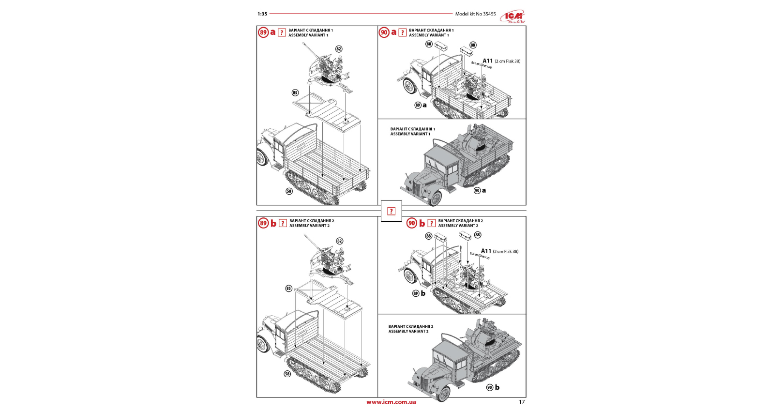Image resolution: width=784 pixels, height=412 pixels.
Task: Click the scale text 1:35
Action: click(x=262, y=14)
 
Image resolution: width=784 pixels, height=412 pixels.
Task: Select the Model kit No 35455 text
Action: click(x=475, y=14)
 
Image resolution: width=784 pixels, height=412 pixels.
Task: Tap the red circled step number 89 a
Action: click(x=263, y=32)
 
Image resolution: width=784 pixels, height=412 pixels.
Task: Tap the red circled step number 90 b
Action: click(x=411, y=223)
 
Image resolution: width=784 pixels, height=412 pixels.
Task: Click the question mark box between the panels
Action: click(x=391, y=211)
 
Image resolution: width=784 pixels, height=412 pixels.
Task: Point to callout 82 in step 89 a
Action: click(x=339, y=49)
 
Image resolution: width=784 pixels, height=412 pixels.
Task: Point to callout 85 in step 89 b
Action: click(x=289, y=289)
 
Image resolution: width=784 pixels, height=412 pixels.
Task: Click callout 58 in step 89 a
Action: click(x=289, y=191)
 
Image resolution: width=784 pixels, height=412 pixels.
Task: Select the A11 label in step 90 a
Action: click(x=488, y=61)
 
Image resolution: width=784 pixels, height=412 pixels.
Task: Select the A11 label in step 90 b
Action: click(x=486, y=251)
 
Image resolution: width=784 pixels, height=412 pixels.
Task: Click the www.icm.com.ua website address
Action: click(x=391, y=402)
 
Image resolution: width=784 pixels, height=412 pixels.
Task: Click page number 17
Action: click(x=522, y=402)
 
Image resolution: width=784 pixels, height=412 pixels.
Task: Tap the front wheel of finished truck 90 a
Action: click(x=435, y=198)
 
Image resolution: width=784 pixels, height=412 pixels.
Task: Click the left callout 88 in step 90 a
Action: click(x=429, y=44)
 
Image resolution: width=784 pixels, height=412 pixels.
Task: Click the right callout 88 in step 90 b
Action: click(x=478, y=235)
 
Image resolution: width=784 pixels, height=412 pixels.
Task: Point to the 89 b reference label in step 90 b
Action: click(x=419, y=293)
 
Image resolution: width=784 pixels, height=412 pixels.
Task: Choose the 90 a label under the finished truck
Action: click(x=480, y=191)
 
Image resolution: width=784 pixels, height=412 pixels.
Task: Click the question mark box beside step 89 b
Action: click(x=283, y=223)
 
